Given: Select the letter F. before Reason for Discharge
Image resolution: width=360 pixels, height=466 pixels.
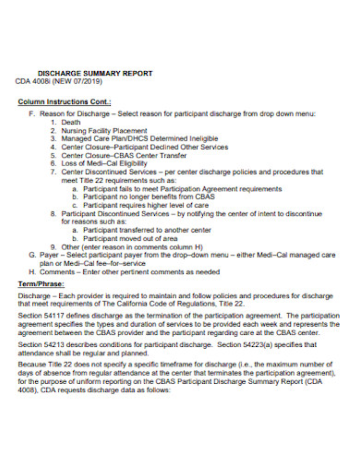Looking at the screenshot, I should coord(31,112).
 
